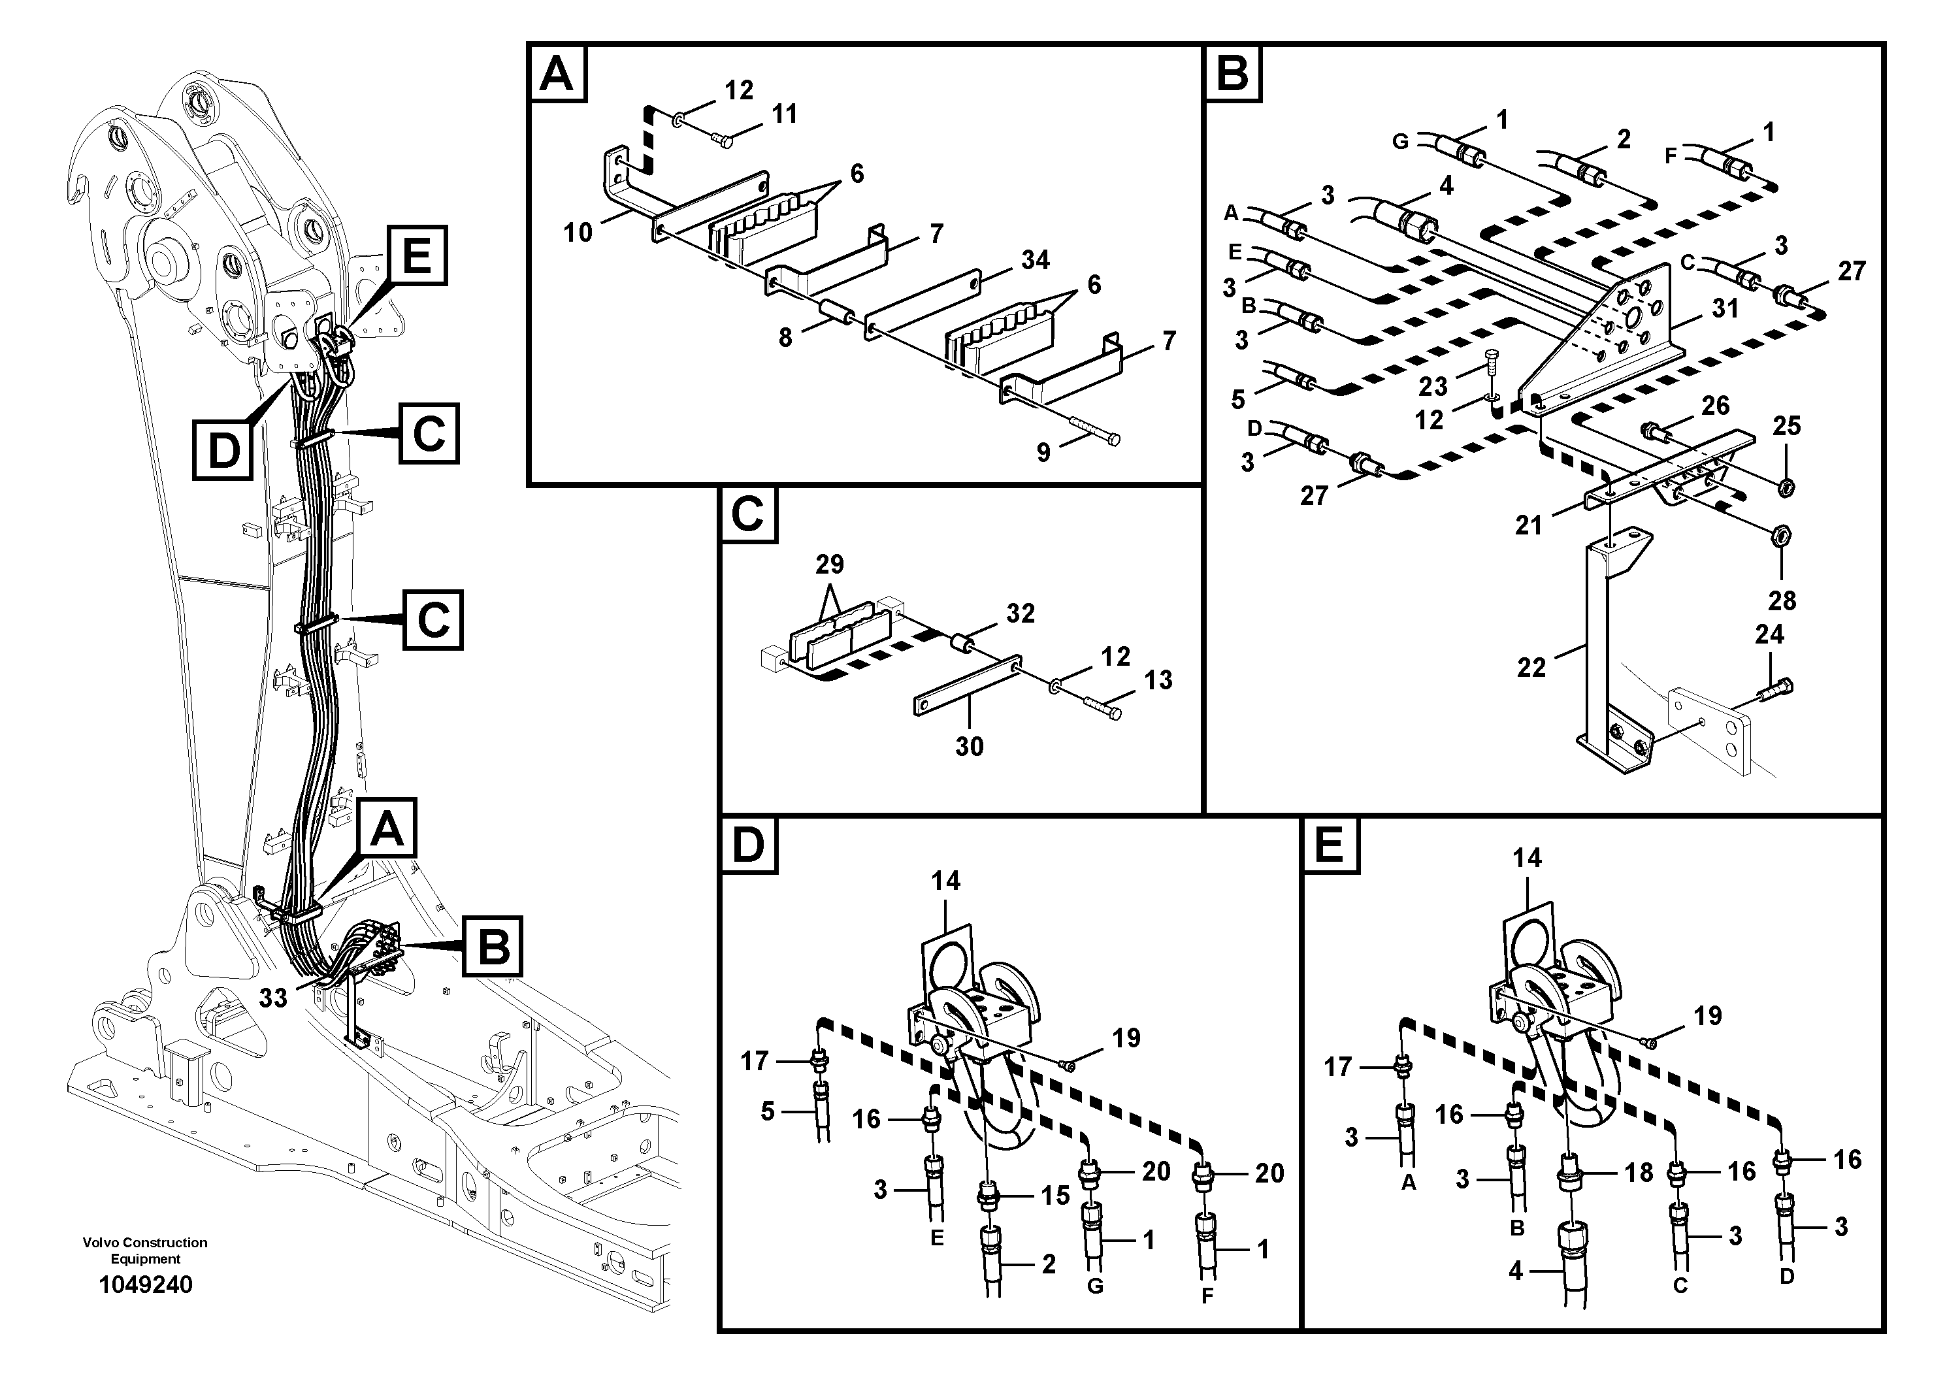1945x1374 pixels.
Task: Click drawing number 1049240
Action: coord(146,1285)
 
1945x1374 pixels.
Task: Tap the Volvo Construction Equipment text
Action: coord(145,1251)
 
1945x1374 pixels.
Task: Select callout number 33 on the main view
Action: coord(273,998)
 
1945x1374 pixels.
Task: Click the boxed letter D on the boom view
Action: coord(223,450)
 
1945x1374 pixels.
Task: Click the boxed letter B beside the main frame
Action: coord(492,945)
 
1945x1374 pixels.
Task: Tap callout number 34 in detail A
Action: coord(1035,260)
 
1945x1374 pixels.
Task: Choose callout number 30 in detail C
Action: coord(969,745)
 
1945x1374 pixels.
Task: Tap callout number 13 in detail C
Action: coord(1158,679)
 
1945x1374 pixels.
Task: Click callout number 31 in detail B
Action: coord(1725,308)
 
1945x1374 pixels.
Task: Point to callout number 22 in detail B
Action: coord(1531,668)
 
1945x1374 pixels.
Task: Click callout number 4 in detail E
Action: coord(1516,1271)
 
